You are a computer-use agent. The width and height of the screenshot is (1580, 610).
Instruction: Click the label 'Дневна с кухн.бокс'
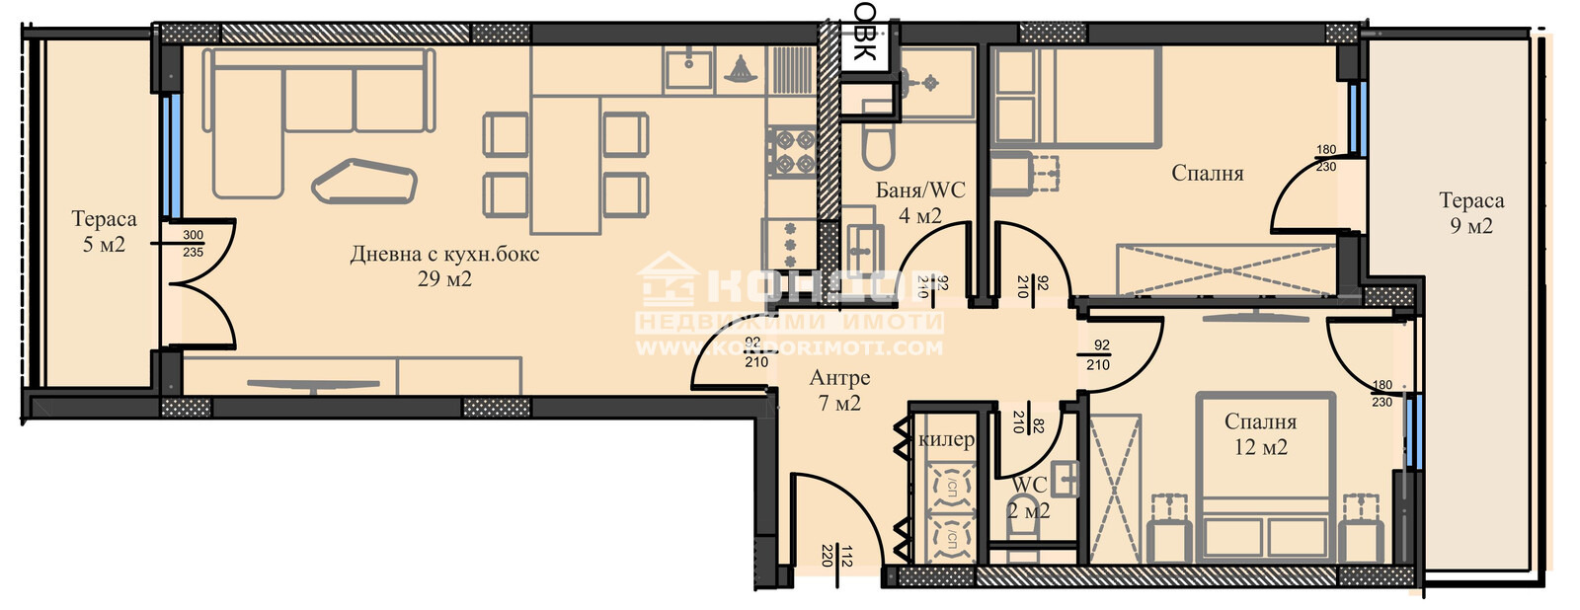(444, 255)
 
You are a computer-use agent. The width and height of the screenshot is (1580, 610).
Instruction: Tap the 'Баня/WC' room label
(920, 191)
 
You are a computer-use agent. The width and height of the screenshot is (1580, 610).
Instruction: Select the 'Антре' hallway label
(839, 378)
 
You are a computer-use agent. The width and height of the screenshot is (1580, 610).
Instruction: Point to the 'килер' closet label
(946, 439)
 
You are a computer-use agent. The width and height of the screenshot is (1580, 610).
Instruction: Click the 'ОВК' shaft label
(865, 32)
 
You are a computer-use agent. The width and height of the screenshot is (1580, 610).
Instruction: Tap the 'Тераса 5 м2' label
(104, 232)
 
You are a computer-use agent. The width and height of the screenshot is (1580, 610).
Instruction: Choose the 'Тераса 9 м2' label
(1471, 213)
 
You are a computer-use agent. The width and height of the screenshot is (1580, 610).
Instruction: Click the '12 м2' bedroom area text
(1261, 447)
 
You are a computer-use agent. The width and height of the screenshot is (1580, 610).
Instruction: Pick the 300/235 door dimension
(193, 244)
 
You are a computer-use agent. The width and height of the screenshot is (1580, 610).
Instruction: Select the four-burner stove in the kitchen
(791, 151)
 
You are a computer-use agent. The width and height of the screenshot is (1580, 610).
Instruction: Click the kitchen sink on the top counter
(688, 68)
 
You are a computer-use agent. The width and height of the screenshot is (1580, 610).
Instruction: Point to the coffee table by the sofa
(363, 182)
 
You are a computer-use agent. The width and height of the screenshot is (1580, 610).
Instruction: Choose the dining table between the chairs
(566, 164)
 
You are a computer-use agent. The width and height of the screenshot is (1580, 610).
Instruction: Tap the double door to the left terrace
(197, 284)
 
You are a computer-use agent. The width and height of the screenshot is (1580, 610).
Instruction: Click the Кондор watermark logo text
(790, 286)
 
